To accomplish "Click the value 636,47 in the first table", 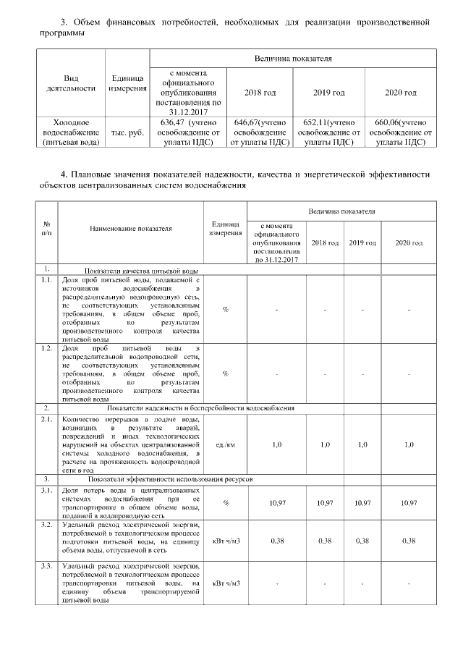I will pyautogui.click(x=169, y=122).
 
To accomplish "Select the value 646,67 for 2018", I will pyautogui.click(x=245, y=122).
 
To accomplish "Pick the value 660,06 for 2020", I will pyautogui.click(x=386, y=122).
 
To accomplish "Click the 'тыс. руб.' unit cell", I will pyautogui.click(x=127, y=133).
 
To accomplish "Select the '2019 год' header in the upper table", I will pyautogui.click(x=328, y=93).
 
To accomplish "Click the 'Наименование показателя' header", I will pyautogui.click(x=131, y=228).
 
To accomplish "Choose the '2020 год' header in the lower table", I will pyautogui.click(x=409, y=242).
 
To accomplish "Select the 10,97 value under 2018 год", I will pyautogui.click(x=325, y=502).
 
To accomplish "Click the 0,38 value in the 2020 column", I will pyautogui.click(x=409, y=540).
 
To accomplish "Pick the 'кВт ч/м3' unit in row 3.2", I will pyautogui.click(x=225, y=540).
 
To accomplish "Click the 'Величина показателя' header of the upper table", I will pyautogui.click(x=292, y=57).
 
